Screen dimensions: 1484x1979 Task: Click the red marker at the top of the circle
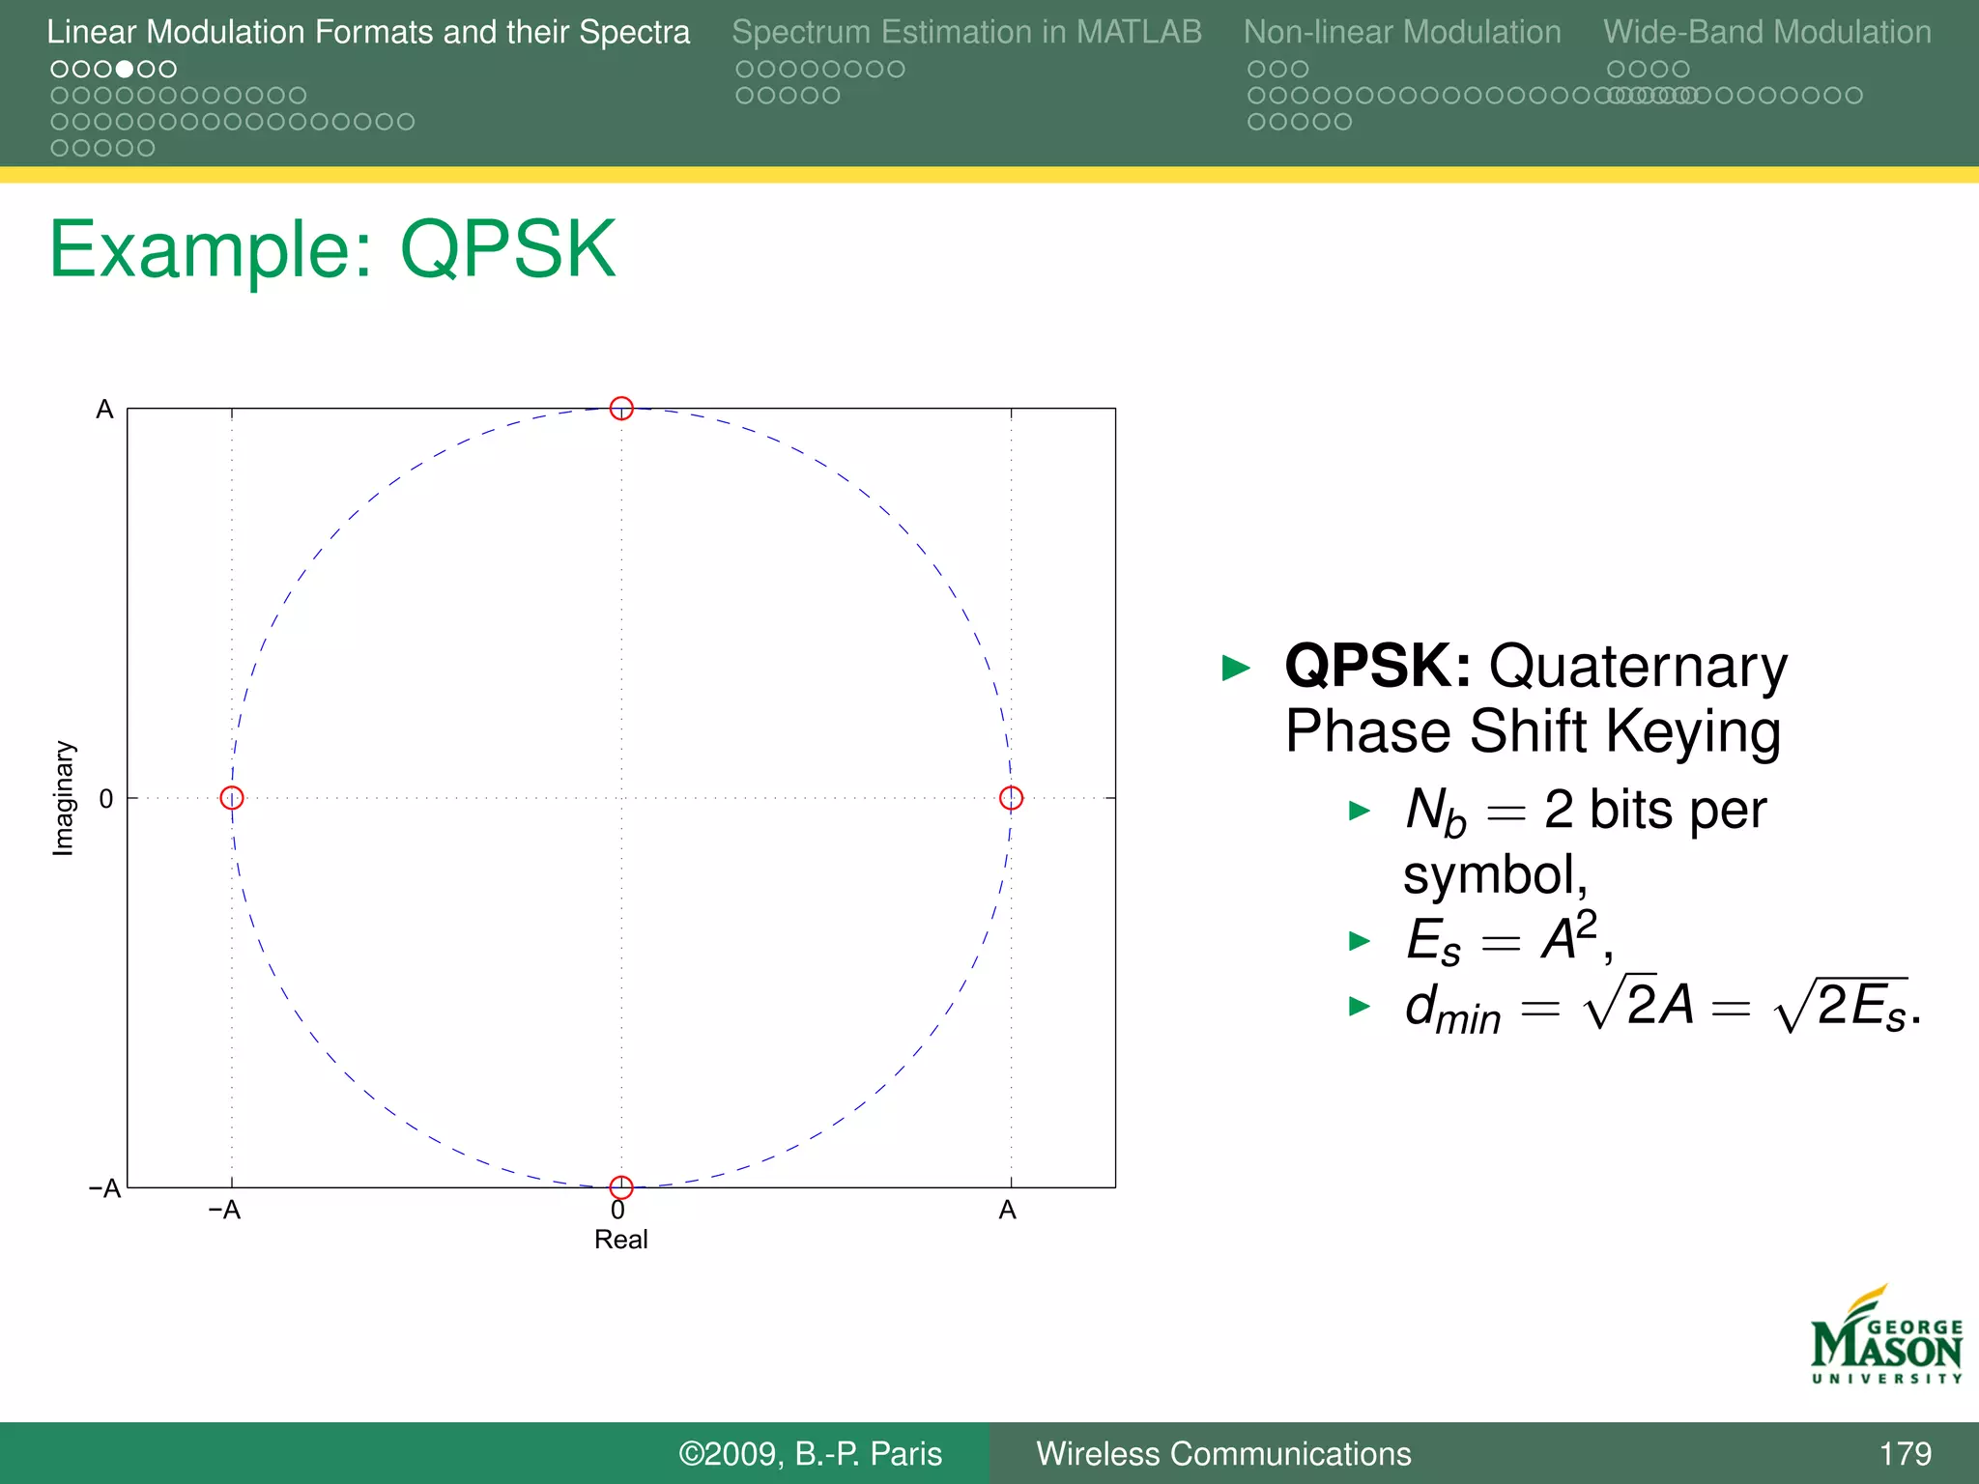[x=621, y=409]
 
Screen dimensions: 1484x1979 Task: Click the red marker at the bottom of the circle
[x=621, y=1186]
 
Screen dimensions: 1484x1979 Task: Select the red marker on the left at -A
[x=232, y=798]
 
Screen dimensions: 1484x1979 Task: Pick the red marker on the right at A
[x=1011, y=798]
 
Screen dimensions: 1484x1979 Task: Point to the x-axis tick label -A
[x=224, y=1211]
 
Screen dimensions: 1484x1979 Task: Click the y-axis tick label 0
[x=106, y=799]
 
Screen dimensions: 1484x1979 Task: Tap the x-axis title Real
[x=620, y=1240]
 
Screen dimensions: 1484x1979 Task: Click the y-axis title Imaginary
[x=63, y=798]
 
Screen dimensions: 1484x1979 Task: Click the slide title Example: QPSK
[x=332, y=249]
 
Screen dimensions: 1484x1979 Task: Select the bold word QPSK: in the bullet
[x=1378, y=667]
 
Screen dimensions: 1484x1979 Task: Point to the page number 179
[x=1905, y=1454]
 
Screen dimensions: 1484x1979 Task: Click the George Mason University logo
[x=1885, y=1337]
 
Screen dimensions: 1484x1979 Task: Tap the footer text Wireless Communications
[x=1223, y=1454]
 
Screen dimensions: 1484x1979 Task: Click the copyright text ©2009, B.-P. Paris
[x=810, y=1454]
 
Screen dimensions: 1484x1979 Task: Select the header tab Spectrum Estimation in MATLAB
[x=966, y=32]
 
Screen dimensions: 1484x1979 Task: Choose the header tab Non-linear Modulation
[x=1402, y=32]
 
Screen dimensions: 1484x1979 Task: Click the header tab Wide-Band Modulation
[x=1767, y=32]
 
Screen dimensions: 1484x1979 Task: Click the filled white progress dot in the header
[x=125, y=70]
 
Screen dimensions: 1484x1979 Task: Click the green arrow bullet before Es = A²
[x=1360, y=941]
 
